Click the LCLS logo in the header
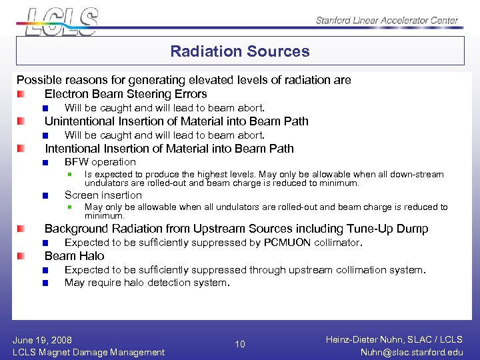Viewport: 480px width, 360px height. coord(62,21)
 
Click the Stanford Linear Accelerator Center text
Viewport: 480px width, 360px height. coord(387,21)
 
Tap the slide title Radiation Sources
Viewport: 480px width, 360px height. coord(240,51)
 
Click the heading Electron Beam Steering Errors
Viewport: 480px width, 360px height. coord(125,94)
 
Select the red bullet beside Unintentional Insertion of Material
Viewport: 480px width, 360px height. coord(22,121)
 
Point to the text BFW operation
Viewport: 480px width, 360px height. coord(100,162)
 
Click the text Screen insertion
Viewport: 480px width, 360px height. coord(103,195)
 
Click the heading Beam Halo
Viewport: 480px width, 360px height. coord(74,256)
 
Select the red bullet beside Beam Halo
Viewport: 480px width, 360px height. coord(22,256)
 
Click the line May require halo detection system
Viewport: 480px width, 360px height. coord(147,283)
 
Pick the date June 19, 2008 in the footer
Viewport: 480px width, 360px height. coord(42,340)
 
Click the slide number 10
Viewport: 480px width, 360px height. coord(240,345)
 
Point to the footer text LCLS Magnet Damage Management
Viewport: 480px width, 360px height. coord(89,352)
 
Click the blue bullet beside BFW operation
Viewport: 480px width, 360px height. coord(45,163)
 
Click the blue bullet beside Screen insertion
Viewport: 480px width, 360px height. coord(45,196)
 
